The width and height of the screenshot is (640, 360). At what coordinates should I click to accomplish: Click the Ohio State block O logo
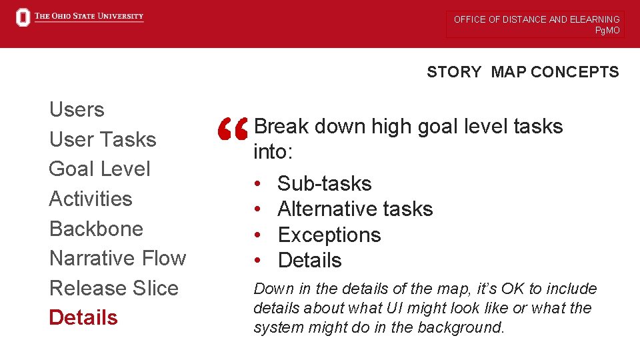click(x=23, y=17)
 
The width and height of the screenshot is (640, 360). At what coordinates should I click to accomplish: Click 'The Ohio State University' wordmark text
click(x=89, y=17)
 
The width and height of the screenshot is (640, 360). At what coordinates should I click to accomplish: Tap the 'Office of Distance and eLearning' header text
click(x=536, y=19)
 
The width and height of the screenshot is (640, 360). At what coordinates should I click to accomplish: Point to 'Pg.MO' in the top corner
click(x=607, y=31)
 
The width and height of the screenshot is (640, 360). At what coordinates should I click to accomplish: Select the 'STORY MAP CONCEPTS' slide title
click(x=523, y=72)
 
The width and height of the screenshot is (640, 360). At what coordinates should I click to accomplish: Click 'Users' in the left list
click(x=77, y=109)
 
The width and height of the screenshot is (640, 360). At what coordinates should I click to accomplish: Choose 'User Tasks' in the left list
click(x=103, y=139)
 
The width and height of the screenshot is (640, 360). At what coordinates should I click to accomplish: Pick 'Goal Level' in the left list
click(x=99, y=169)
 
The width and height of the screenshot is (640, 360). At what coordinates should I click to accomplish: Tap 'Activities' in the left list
click(x=91, y=199)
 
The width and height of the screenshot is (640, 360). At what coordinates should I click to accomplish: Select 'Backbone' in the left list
click(x=96, y=229)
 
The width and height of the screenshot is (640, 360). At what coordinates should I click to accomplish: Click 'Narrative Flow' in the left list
click(x=117, y=258)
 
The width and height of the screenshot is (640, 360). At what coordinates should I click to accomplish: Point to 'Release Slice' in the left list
click(x=114, y=288)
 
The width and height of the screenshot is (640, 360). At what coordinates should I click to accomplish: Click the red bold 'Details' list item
click(x=83, y=317)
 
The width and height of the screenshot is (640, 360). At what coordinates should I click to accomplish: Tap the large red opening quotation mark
click(x=233, y=129)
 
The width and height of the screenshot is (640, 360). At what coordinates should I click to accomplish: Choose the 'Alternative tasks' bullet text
click(x=355, y=209)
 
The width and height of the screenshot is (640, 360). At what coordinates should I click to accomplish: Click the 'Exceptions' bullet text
click(x=329, y=235)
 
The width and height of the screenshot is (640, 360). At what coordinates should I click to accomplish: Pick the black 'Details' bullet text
click(x=309, y=261)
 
